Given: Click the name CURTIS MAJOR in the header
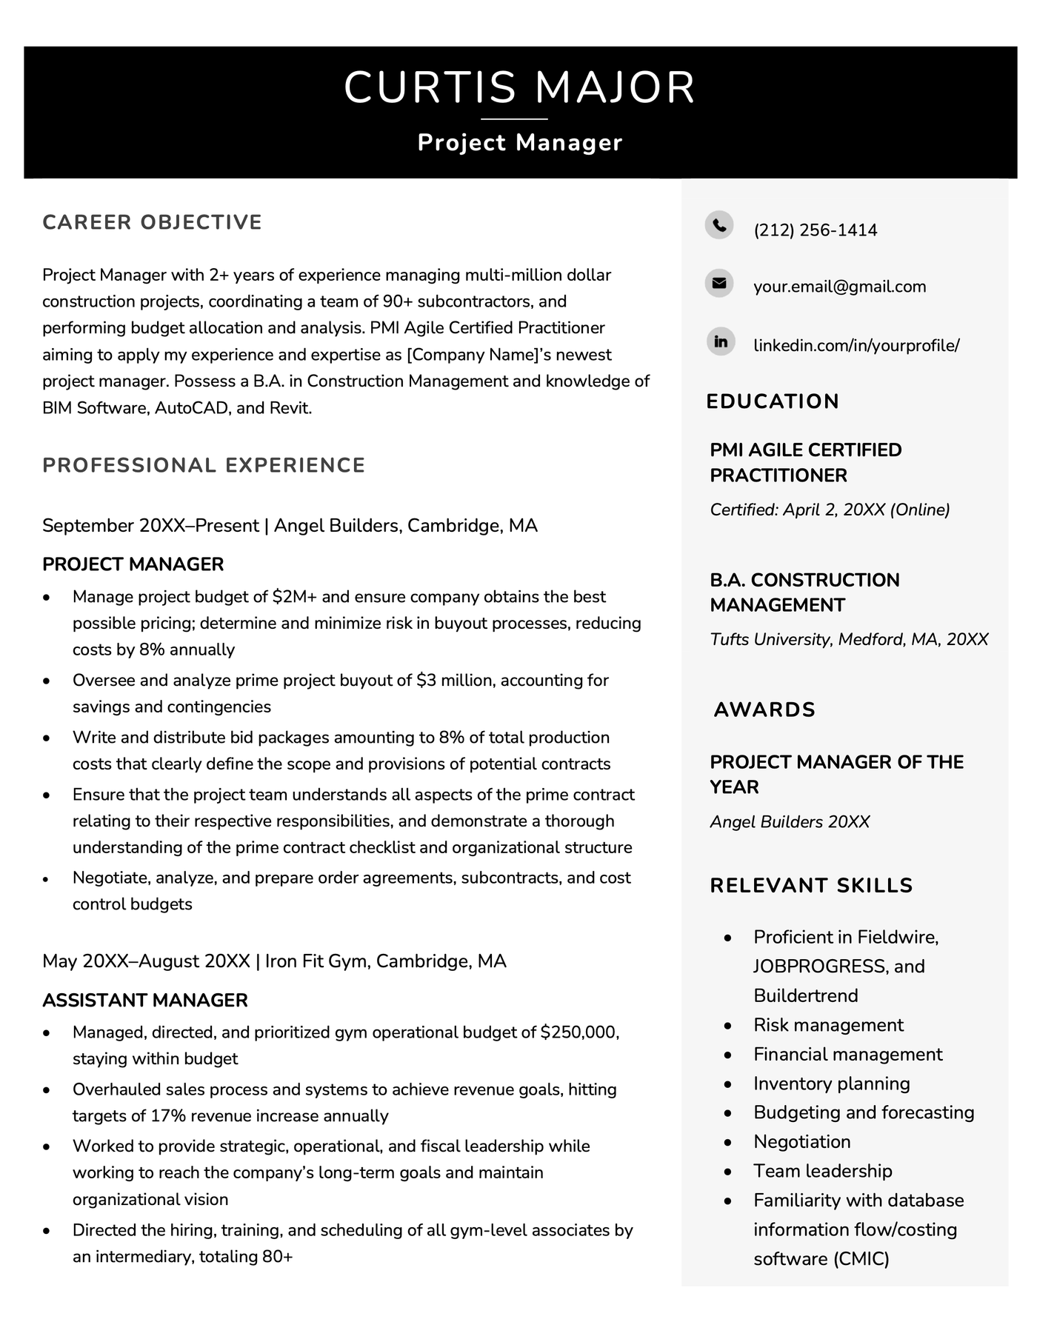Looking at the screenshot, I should coord(519,87).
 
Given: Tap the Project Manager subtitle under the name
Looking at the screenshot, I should coord(519,142).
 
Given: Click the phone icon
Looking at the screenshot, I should coord(718,224).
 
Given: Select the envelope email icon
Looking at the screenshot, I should coord(718,283).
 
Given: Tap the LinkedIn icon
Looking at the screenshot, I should coord(718,341).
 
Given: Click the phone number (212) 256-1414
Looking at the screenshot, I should coord(815,230).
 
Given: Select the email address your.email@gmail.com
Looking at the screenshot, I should coord(839,287).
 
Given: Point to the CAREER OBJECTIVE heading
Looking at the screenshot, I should coord(152,222).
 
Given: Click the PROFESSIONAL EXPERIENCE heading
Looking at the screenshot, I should coord(204,465).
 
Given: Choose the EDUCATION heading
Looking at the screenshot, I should coord(773,401).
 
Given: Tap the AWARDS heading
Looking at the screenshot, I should coord(764,710).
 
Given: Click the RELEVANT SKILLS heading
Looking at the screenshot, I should coord(811,885).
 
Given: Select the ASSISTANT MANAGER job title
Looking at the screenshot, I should coord(145,1001).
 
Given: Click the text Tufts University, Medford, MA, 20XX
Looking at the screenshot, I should coord(849,639).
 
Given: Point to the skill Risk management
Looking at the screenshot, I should coord(828,1025).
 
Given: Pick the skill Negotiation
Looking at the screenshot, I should coord(801,1141).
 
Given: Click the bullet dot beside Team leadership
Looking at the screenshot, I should coord(728,1172).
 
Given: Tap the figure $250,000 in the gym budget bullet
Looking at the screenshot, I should coord(579,1032).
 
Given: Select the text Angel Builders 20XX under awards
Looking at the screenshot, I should coord(790,821).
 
